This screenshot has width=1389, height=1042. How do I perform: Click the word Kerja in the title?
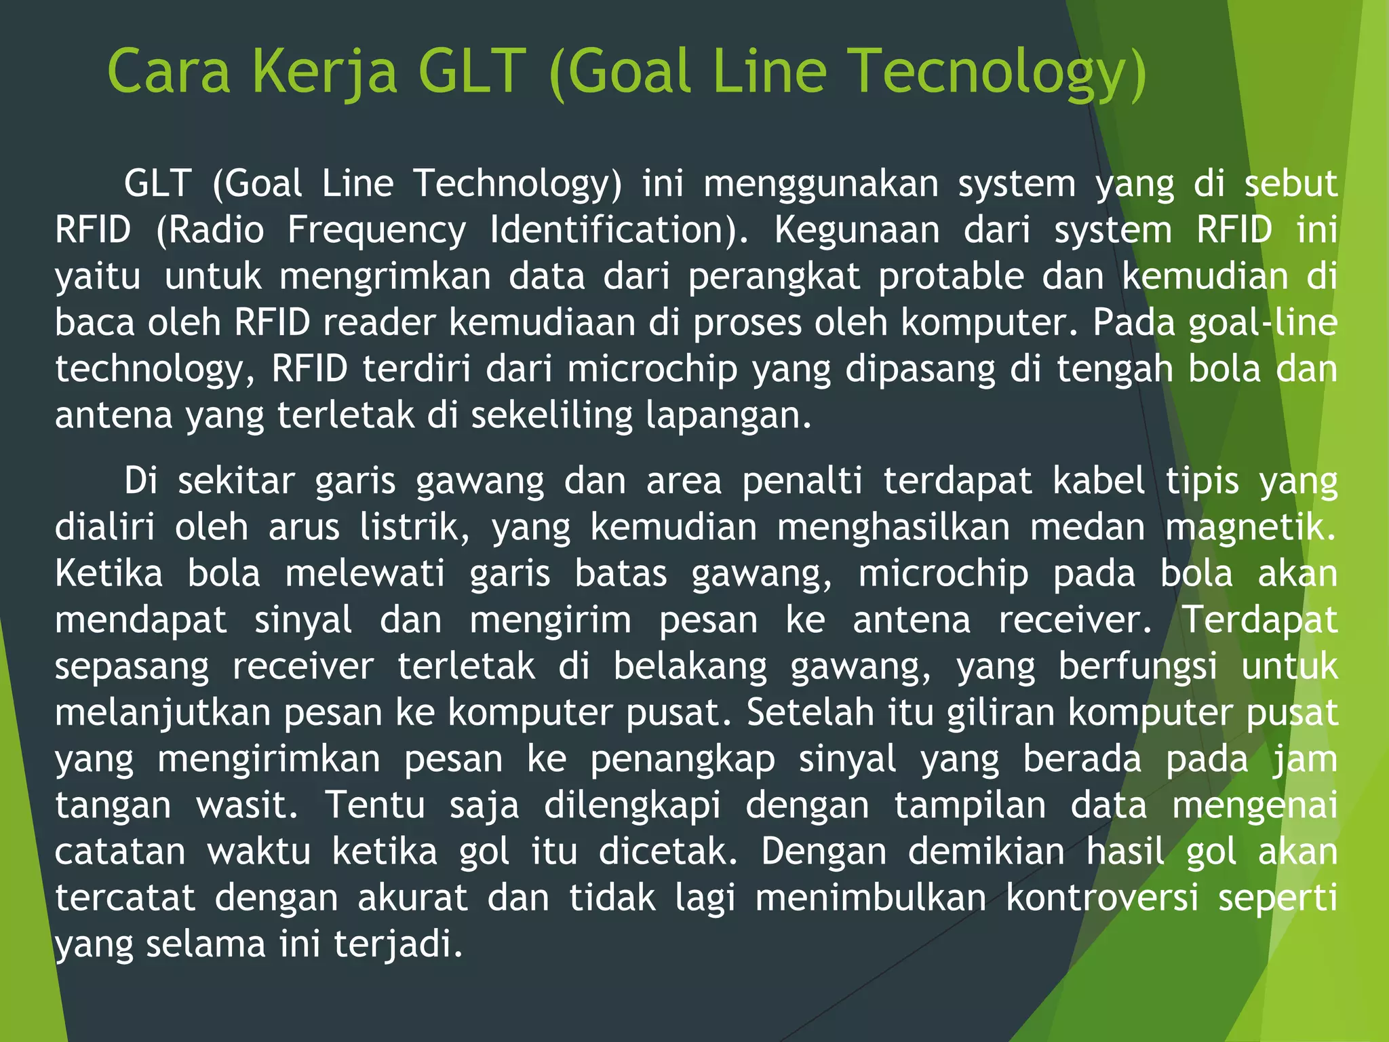324,73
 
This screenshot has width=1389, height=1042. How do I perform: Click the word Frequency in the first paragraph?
376,231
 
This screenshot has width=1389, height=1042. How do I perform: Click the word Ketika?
109,574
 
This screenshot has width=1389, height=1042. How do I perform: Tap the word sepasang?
132,666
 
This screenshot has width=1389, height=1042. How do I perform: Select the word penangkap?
682,759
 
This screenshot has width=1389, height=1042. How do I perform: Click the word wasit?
247,805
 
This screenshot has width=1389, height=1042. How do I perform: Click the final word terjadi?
398,944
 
